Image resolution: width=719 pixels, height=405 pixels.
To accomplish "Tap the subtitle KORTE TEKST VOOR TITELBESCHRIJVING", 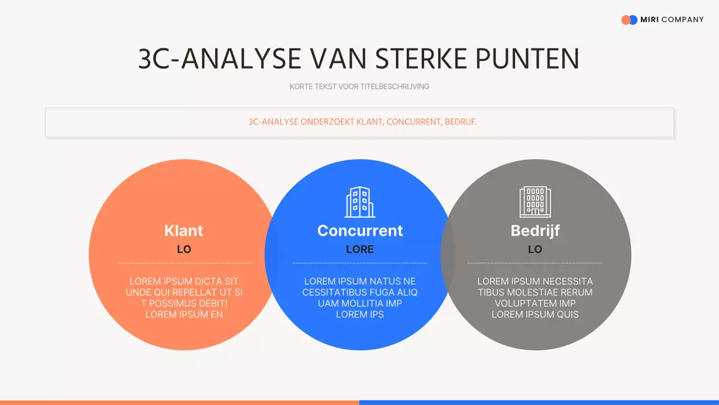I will coord(359,87).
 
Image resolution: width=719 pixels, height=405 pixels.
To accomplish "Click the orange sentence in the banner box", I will coord(363,121).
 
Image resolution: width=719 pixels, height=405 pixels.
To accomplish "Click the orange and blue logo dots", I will coord(629,20).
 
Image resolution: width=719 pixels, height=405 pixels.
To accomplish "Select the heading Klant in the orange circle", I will coord(184,231).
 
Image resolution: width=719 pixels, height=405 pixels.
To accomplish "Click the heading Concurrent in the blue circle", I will coord(360,231).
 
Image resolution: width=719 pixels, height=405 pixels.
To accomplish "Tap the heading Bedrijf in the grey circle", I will coord(535,231).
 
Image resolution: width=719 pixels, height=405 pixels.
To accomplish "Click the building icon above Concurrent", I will coord(359,202).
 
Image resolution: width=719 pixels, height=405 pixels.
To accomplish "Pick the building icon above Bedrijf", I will coord(535,202).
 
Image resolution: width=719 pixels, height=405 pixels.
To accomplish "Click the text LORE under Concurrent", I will coord(360,249).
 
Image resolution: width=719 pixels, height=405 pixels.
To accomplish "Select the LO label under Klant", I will coord(184,249).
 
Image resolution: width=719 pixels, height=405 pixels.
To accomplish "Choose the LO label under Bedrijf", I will coord(535,249).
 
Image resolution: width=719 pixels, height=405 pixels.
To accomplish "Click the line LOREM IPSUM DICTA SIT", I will coord(184,281).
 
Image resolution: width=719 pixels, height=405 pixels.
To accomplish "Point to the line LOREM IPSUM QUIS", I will coord(535,314).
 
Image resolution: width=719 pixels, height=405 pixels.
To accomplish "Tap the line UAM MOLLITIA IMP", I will coord(360,303).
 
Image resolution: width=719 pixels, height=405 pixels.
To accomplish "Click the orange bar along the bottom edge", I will coord(180,402).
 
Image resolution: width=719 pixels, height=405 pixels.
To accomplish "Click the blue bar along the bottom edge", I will coord(539,402).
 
